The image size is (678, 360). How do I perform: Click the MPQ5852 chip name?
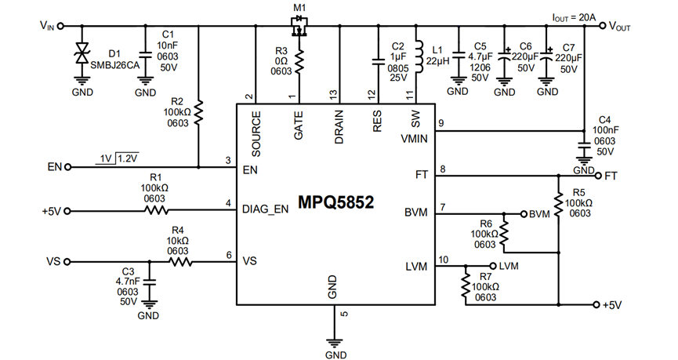[x=335, y=202]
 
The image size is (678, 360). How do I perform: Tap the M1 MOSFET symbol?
[x=299, y=26]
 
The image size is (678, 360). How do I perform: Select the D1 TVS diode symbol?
[x=82, y=53]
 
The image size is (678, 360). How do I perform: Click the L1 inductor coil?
[x=418, y=56]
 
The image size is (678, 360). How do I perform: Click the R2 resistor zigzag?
[x=198, y=112]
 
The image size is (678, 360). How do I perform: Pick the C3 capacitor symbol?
[x=150, y=282]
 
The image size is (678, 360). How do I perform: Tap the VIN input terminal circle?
[x=60, y=26]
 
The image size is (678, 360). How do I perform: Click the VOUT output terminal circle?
[x=602, y=26]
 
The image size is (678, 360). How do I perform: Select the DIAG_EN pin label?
[x=265, y=209]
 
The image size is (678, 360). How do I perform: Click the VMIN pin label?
[x=414, y=139]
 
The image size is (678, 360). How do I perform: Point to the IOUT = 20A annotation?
[x=574, y=17]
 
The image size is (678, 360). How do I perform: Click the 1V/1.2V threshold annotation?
[x=118, y=158]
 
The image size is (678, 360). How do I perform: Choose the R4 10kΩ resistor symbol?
[x=180, y=262]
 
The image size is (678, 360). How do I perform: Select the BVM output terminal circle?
[x=524, y=214]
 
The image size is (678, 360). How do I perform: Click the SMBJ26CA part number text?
[x=115, y=65]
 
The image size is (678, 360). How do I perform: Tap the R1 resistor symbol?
[x=156, y=211]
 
